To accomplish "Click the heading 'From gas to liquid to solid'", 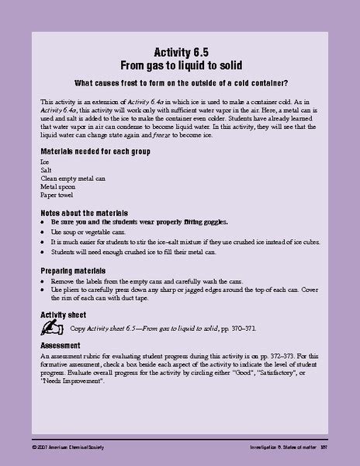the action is coord(181,65).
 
